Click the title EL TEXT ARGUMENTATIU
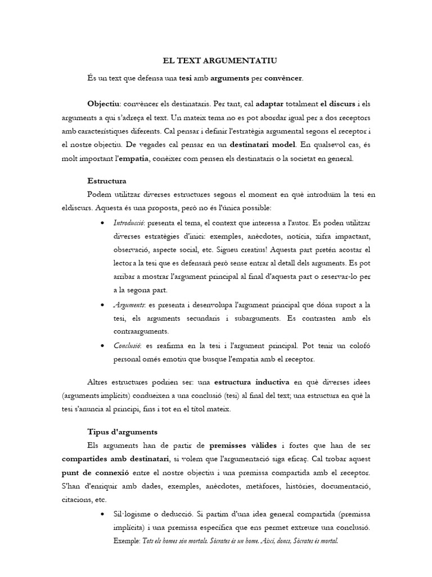point(216,60)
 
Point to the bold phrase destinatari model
point(263,145)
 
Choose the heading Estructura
point(107,181)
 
